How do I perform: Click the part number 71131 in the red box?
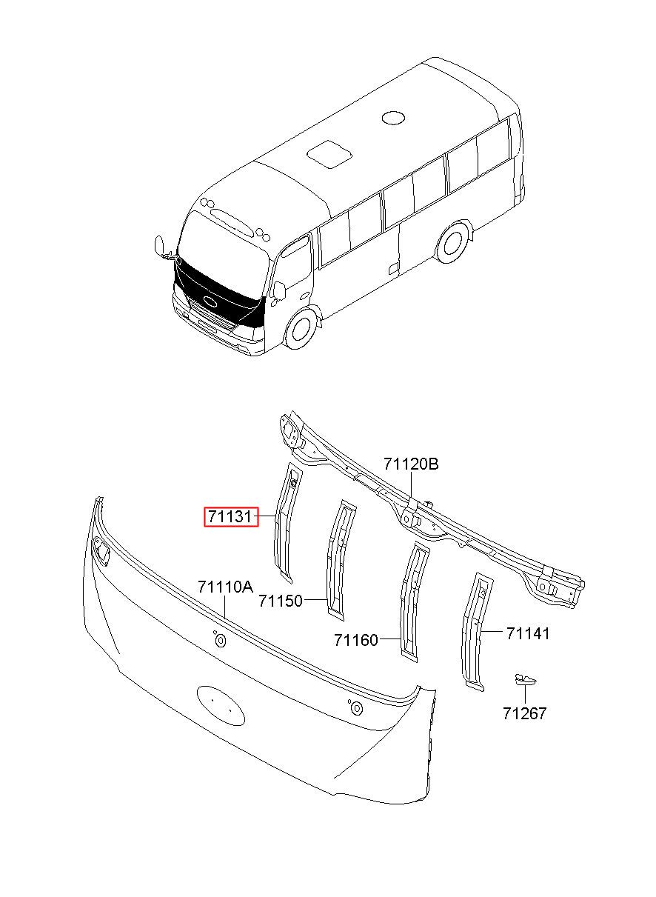[x=231, y=516]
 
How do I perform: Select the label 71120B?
[x=411, y=464]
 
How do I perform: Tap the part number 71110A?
[x=225, y=587]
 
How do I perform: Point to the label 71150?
[x=281, y=601]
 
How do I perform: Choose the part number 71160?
[x=355, y=639]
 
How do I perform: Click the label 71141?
[x=528, y=633]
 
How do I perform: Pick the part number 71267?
[x=524, y=713]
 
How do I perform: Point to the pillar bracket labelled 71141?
[x=474, y=630]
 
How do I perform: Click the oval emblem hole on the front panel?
[x=221, y=703]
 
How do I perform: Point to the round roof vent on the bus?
[x=393, y=117]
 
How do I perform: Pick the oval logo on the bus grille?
[x=209, y=301]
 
